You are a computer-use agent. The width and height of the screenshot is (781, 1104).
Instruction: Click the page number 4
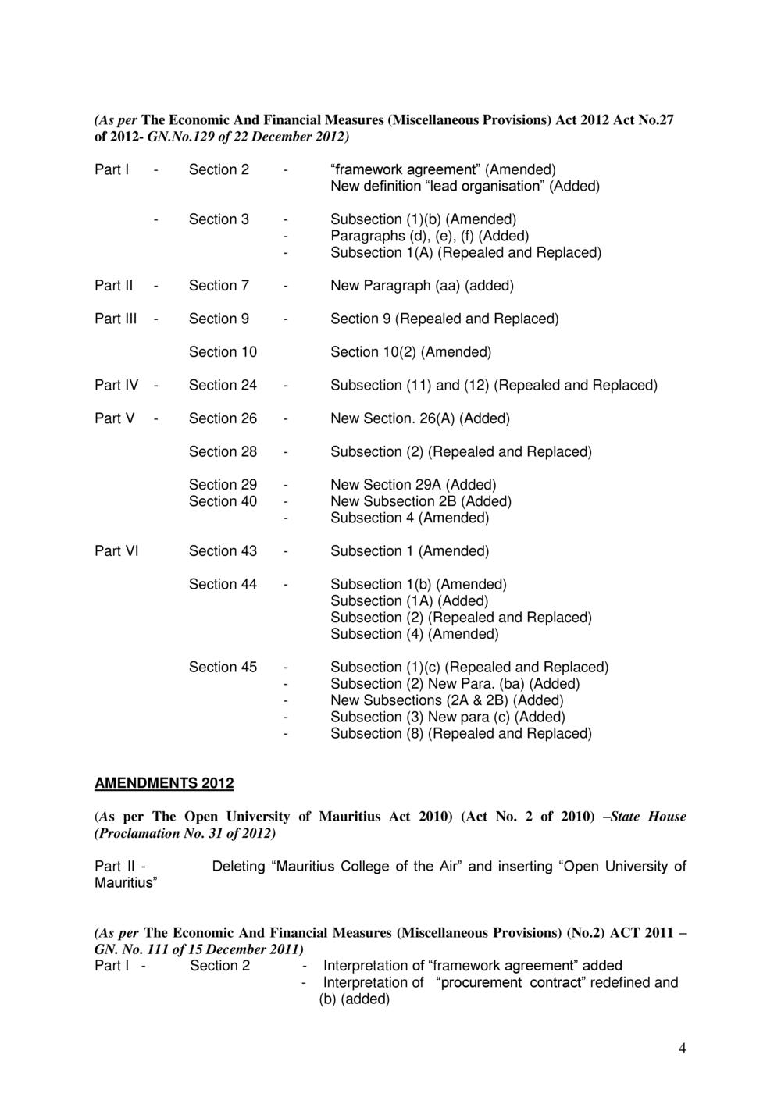[x=682, y=1049]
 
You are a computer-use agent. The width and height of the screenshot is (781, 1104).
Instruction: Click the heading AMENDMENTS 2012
[x=164, y=782]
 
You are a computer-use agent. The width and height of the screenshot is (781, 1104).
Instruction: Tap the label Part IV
[x=116, y=385]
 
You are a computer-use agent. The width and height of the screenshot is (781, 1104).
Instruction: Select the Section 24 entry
[x=223, y=385]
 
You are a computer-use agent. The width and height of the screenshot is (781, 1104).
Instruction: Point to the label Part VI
[x=116, y=551]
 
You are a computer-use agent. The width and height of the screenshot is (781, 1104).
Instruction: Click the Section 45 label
[x=223, y=667]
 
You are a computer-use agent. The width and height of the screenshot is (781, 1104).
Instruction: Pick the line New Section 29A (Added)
[x=413, y=485]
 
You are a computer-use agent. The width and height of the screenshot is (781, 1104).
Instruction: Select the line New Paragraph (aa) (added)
[x=422, y=286]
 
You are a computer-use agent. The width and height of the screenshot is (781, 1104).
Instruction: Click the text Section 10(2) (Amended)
[x=411, y=352]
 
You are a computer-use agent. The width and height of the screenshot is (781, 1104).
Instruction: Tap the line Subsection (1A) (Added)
[x=409, y=600]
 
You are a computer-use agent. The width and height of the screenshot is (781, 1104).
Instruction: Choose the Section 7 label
[x=219, y=286]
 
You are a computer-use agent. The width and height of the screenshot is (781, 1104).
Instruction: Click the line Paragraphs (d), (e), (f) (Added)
[x=430, y=236]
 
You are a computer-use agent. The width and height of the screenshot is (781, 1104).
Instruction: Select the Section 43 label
[x=223, y=551]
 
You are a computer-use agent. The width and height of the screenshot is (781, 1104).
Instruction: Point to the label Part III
[x=116, y=319]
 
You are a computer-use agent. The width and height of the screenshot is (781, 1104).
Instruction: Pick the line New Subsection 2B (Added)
[x=421, y=501]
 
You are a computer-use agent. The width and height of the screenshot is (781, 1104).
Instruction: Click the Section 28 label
[x=223, y=451]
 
